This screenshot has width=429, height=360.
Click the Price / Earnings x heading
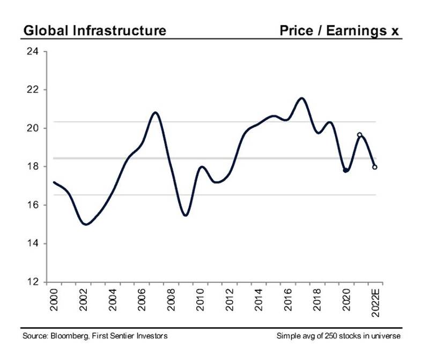pos(339,31)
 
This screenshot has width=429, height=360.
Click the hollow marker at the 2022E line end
pos(375,167)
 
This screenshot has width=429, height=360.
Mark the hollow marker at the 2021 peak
pos(360,135)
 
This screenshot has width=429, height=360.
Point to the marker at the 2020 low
pos(346,170)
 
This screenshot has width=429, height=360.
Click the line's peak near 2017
pos(301,98)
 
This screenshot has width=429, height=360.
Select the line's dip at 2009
pos(185,216)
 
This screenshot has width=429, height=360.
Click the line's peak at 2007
pos(155,113)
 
